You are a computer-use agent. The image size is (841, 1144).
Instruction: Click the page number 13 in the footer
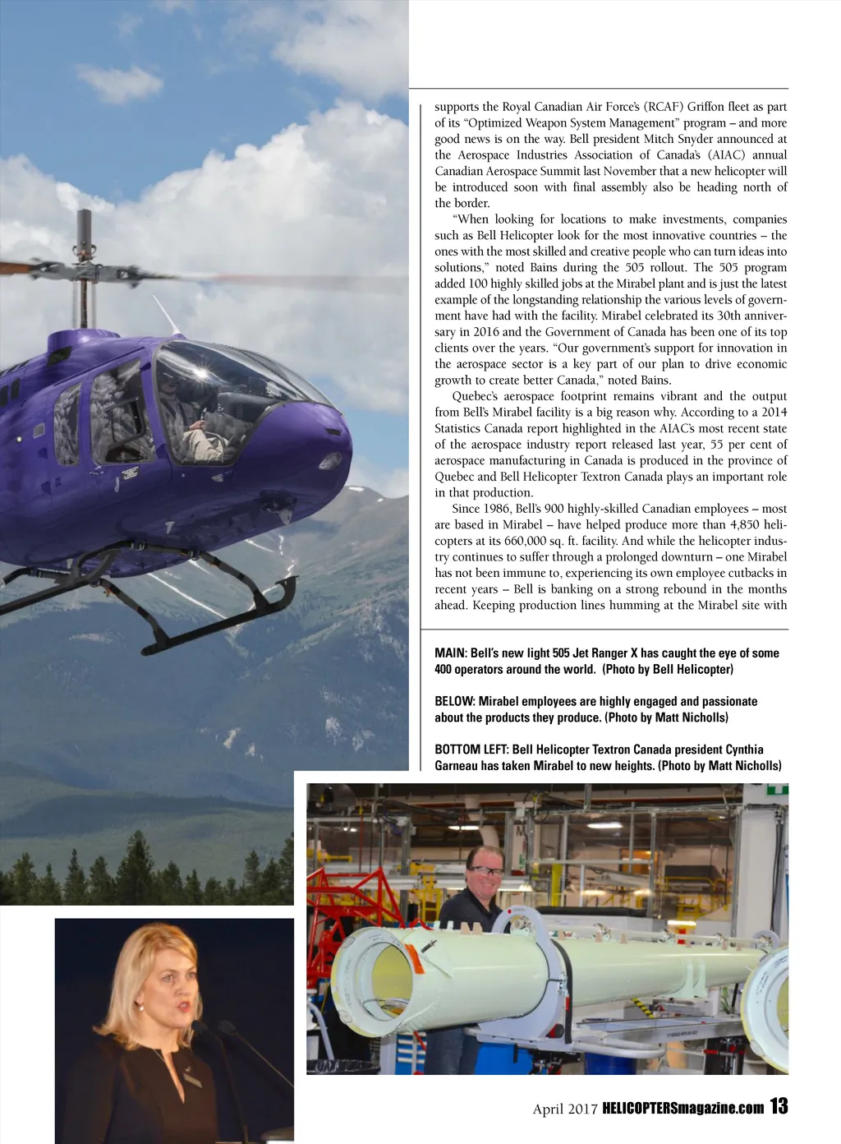(x=779, y=1106)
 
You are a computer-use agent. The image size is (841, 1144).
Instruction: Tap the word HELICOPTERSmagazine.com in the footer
(x=683, y=1108)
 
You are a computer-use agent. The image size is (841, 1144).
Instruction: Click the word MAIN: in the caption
(x=450, y=653)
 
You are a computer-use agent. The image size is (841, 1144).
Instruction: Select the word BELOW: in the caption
(x=454, y=702)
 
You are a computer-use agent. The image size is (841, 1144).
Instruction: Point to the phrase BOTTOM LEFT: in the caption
(x=471, y=750)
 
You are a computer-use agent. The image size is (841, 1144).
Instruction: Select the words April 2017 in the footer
(x=565, y=1109)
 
